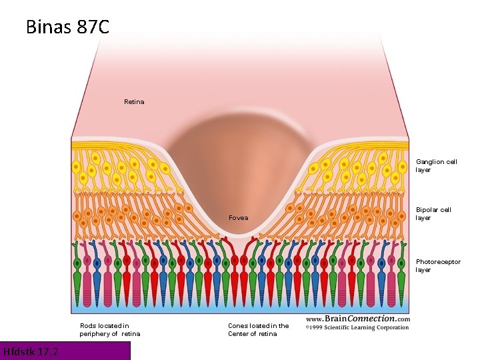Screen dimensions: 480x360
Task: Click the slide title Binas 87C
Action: (x=67, y=27)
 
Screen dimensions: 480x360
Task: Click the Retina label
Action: (x=134, y=102)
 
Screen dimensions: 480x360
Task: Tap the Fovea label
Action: (x=238, y=218)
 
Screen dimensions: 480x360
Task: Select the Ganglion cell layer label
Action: (x=437, y=165)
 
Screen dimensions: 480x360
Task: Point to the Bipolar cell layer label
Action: (x=433, y=213)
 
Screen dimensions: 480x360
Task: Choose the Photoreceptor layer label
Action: (x=438, y=265)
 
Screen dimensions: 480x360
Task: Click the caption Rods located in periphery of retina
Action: (x=110, y=329)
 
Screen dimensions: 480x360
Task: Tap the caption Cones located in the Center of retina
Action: (x=258, y=329)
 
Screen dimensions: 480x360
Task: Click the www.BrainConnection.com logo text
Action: (x=358, y=319)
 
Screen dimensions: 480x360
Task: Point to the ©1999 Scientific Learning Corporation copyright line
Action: (x=357, y=327)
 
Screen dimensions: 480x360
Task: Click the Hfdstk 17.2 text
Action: (x=31, y=351)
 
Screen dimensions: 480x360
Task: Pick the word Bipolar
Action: (x=426, y=209)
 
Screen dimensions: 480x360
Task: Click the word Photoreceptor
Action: (x=438, y=261)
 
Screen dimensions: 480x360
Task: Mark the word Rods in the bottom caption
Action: (x=89, y=325)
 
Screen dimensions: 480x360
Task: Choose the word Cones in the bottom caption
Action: (x=238, y=325)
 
